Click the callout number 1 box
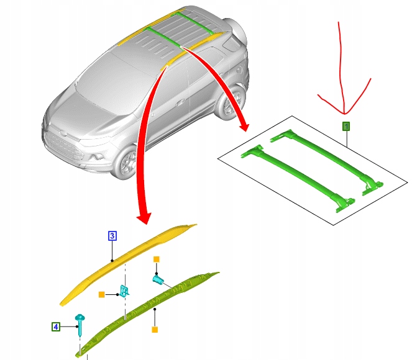tap(346, 127)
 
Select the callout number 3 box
tap(112, 236)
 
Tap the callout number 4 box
tap(56, 326)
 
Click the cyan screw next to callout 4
tap(80, 325)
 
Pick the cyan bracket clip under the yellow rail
tap(124, 291)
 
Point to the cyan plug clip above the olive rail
tap(158, 279)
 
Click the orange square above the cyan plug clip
tap(157, 259)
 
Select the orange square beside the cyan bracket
tap(102, 295)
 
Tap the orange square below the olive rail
tap(155, 330)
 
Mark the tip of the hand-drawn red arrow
tap(344, 114)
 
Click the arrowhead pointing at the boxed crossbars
tap(244, 126)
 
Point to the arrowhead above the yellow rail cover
tap(144, 218)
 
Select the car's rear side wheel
tap(231, 102)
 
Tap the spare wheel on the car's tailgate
tap(237, 32)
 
